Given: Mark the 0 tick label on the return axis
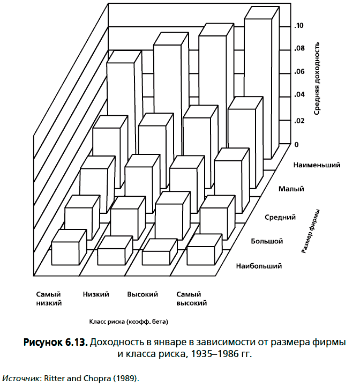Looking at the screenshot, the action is [x=296, y=145].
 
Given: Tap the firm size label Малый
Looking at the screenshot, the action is [x=291, y=189].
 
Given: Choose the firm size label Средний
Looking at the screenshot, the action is [x=281, y=217].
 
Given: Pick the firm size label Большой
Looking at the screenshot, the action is [x=266, y=241].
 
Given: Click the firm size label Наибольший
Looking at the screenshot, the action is [x=258, y=265].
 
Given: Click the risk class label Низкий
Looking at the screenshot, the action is [x=96, y=294].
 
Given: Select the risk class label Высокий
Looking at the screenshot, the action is [x=142, y=294].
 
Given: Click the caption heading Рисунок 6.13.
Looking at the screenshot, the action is [x=56, y=342].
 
